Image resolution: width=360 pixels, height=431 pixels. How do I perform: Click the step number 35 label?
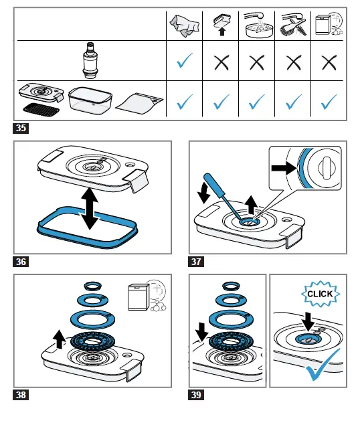coord(21,128)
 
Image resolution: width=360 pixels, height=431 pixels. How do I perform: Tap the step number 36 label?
coord(21,262)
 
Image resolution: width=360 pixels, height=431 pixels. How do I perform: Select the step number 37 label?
coord(196,262)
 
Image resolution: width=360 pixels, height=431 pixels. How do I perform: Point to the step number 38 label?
coord(21,395)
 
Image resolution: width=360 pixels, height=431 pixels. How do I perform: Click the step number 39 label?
coord(196,395)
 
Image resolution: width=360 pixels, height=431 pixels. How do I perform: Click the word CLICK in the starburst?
coord(320,294)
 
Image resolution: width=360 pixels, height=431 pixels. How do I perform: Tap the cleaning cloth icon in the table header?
coord(184,25)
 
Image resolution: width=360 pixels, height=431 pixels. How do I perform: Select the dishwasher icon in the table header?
coord(329,24)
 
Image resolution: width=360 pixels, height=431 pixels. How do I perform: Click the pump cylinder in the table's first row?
coord(90,60)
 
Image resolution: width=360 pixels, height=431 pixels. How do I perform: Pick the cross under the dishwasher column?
coord(329,62)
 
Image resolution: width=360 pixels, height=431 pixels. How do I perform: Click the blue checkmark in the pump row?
coord(185,60)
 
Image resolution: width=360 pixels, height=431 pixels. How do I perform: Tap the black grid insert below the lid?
coord(41,108)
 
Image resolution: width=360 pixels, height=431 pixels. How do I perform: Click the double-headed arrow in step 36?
coord(89,208)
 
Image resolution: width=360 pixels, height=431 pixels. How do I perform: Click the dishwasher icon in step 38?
coord(147,296)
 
